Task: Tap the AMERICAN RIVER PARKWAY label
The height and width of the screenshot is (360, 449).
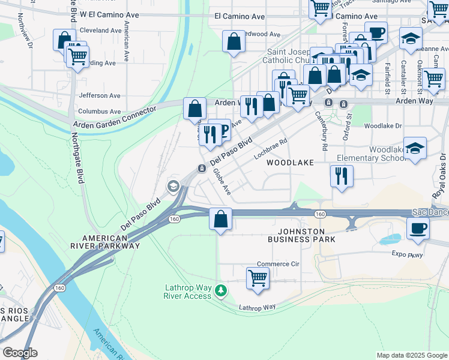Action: point(103,241)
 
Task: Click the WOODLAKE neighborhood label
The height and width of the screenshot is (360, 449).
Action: point(290,163)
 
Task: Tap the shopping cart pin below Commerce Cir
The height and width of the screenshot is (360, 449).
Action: point(258,278)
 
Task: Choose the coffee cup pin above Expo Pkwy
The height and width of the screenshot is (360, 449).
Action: point(418,228)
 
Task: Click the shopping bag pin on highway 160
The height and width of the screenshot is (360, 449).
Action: point(221,219)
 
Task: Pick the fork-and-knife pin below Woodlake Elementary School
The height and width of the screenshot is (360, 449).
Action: point(342,176)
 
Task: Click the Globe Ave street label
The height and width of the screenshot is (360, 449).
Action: point(222,181)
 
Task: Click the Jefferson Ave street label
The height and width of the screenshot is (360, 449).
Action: point(100,95)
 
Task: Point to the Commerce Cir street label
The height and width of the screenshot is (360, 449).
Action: point(278,264)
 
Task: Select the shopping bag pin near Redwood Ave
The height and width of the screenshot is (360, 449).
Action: point(234,42)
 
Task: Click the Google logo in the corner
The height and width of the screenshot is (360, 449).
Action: point(20,353)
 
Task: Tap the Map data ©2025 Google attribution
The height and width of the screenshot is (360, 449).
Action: point(411,355)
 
